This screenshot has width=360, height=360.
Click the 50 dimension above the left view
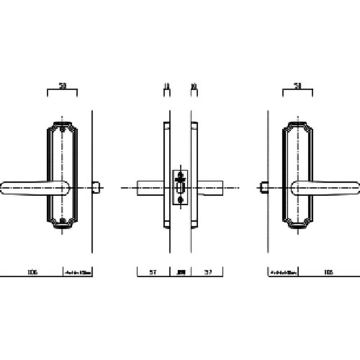pyautogui.click(x=62, y=85)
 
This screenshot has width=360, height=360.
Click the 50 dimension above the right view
pyautogui.click(x=297, y=85)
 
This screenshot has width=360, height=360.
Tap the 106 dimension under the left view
pyautogui.click(x=32, y=272)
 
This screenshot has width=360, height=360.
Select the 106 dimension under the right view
pyautogui.click(x=328, y=272)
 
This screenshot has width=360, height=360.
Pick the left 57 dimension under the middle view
pyautogui.click(x=153, y=272)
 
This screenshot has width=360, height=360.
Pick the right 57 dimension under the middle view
pyautogui.click(x=208, y=272)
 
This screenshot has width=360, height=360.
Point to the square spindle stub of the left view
pyautogui.click(x=95, y=187)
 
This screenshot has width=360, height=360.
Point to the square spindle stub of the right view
pyautogui.click(x=265, y=187)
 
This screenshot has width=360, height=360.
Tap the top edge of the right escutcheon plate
pyautogui.click(x=297, y=122)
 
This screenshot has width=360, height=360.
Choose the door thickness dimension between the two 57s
pyautogui.click(x=180, y=272)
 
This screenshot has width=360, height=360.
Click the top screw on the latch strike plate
pyautogui.click(x=180, y=174)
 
